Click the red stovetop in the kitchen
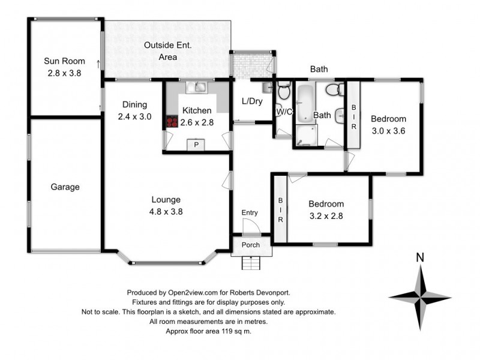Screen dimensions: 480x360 (172, 122)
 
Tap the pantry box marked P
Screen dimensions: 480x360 (196, 145)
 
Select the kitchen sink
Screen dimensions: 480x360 (197, 87)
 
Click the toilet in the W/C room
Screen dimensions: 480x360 (284, 90)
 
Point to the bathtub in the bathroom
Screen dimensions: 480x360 (305, 103)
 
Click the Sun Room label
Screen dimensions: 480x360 (64, 61)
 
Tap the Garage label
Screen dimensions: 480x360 (65, 187)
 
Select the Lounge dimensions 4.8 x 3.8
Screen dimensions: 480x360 (166, 212)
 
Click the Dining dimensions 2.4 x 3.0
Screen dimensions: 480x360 (134, 116)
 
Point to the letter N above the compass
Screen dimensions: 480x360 (420, 258)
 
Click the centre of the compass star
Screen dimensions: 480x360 (421, 297)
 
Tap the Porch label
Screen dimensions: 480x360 (251, 245)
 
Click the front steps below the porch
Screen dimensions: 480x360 (251, 263)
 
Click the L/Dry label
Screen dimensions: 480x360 (252, 101)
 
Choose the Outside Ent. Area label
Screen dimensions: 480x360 (168, 51)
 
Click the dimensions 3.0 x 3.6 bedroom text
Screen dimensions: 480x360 (388, 131)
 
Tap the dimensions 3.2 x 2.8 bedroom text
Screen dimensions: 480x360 (326, 216)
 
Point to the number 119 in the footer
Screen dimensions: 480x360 (226, 331)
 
